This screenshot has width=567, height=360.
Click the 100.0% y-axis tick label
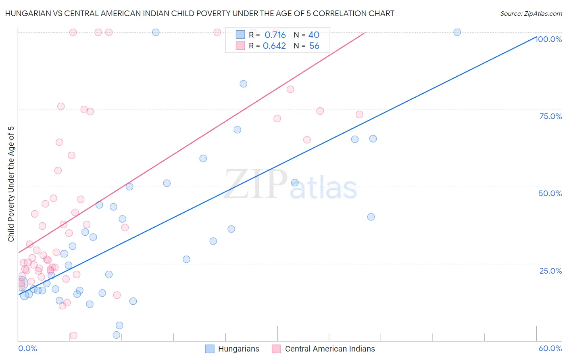(548, 39)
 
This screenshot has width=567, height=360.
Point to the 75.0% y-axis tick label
(550, 116)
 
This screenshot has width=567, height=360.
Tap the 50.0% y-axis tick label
(550, 193)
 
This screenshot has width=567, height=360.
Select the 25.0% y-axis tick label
(550, 270)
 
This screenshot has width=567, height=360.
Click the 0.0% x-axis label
(27, 348)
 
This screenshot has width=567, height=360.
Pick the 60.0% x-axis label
(550, 348)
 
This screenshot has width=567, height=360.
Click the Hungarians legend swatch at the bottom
(210, 349)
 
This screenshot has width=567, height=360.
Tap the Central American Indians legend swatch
(276, 349)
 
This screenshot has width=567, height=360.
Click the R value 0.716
(275, 35)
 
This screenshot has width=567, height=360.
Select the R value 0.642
(274, 46)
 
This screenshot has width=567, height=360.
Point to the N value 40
(314, 35)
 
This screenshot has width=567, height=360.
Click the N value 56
(314, 46)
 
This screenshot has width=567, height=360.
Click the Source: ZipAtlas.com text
(531, 14)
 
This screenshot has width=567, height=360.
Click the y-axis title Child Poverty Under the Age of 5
(11, 184)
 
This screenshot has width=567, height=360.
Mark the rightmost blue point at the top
(457, 32)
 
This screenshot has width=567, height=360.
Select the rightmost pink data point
(359, 115)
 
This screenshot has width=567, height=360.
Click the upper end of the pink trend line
(364, 33)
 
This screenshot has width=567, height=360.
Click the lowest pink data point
(73, 335)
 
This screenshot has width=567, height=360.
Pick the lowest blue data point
(117, 335)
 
